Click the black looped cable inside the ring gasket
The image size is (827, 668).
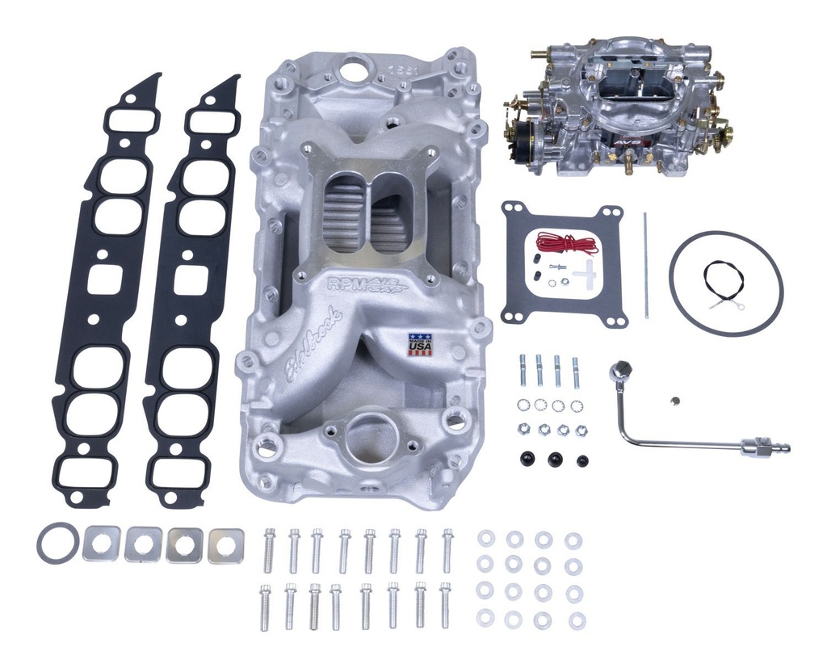723,282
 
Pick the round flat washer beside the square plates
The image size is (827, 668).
57,543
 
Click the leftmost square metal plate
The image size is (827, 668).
102,543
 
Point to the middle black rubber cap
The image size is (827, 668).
555,459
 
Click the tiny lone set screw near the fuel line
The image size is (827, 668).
674,399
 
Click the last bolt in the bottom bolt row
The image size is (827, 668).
445,603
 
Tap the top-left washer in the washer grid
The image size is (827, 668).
486,539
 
